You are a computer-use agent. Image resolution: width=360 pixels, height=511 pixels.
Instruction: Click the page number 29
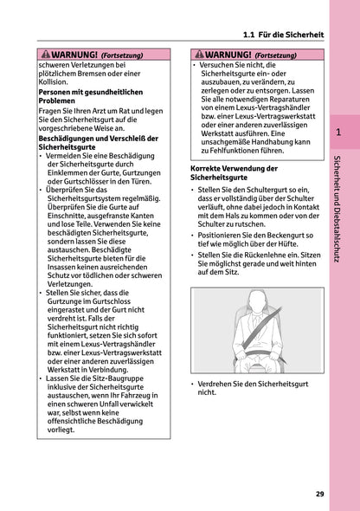coord(319,494)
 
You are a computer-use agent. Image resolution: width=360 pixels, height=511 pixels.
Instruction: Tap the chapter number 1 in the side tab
coord(338,133)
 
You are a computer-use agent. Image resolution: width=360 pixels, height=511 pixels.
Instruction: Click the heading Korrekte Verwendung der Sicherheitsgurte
coord(231,172)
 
